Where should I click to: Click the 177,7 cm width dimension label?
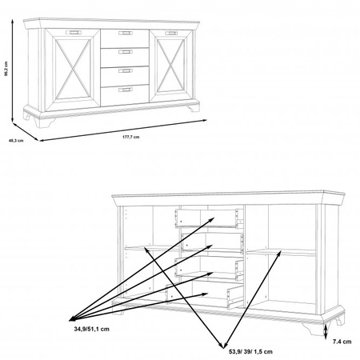(130, 137)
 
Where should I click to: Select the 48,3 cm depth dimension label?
(16, 141)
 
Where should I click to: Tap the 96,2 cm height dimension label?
(6, 69)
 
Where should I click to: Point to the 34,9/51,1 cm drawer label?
(91, 329)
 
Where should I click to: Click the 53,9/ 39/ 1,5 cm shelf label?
(250, 352)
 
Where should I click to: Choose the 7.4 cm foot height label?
(342, 342)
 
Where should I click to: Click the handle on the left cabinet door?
(73, 33)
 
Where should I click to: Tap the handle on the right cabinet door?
(171, 34)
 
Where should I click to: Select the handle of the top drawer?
(126, 33)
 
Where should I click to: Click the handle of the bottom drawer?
(126, 90)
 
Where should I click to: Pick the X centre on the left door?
(73, 69)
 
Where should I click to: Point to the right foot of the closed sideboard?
(194, 107)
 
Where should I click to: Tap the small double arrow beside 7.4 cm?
(326, 332)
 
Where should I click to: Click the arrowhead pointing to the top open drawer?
(212, 219)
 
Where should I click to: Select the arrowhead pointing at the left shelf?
(146, 250)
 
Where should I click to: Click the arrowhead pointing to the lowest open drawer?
(205, 294)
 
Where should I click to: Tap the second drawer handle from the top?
(126, 52)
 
